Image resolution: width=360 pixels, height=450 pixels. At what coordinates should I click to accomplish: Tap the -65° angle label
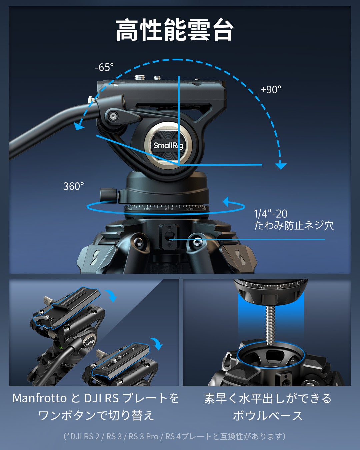coord(104,67)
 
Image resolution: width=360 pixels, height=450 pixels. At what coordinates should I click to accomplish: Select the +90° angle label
coord(271,90)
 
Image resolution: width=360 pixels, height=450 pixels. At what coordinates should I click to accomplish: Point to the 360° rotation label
coord(74,186)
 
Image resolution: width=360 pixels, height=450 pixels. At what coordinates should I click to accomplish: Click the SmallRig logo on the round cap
coord(168,145)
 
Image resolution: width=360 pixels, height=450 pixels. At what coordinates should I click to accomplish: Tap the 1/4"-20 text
coord(270,214)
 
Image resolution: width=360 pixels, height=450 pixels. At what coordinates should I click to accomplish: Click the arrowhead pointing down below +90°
coord(281,165)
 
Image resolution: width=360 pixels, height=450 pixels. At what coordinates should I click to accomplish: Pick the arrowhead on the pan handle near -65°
coord(79,126)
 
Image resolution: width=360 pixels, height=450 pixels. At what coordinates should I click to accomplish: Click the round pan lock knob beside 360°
coord(108,195)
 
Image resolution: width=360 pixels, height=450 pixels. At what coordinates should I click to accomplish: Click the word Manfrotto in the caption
coord(40,398)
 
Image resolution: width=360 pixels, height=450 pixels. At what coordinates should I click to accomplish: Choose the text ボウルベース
coord(268,416)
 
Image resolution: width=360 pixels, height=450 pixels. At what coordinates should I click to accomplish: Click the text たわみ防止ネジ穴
coord(294,226)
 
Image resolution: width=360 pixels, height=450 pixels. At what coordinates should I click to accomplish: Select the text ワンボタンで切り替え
coord(96,416)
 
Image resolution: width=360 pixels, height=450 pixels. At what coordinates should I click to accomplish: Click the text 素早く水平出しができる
coord(268,398)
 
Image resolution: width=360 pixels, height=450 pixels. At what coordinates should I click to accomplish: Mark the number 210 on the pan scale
coord(169,209)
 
